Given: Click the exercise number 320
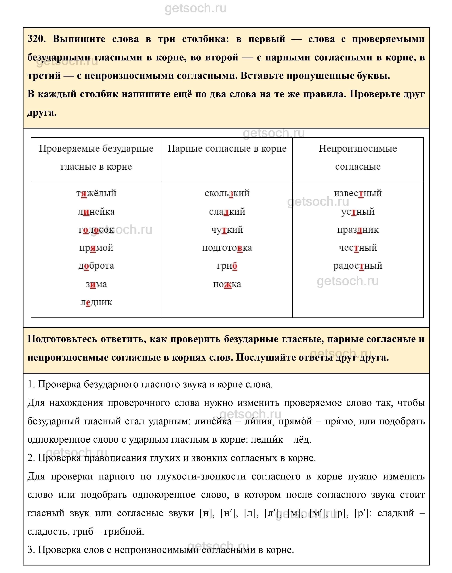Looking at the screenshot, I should tap(36, 39).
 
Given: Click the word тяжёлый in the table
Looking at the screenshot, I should tap(96, 193).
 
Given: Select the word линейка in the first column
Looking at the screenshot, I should tap(96, 212).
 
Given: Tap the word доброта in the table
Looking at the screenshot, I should tap(96, 266).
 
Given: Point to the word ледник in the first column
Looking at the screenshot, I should tap(96, 302).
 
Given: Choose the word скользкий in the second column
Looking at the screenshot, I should tap(227, 193).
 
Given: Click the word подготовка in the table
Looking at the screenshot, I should tap(227, 248).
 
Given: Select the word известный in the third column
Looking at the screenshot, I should tap(358, 193).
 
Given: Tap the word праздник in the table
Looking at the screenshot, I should tap(358, 230).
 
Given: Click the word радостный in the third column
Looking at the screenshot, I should tap(358, 266).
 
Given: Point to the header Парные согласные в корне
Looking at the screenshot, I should tap(227, 149).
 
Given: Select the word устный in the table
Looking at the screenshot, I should tap(358, 212).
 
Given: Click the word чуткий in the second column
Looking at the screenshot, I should tap(227, 230).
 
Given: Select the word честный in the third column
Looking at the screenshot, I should tap(358, 248).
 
